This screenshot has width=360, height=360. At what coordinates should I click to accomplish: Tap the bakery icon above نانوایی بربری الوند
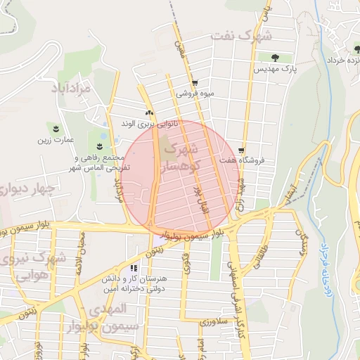(x=148, y=113)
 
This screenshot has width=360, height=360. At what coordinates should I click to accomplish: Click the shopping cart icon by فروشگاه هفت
(x=242, y=150)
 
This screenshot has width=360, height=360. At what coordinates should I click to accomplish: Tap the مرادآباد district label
(x=70, y=89)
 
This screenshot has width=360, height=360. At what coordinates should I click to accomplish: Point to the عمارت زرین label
(x=56, y=139)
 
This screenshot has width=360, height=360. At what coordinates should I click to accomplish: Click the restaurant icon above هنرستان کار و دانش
(x=134, y=268)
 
